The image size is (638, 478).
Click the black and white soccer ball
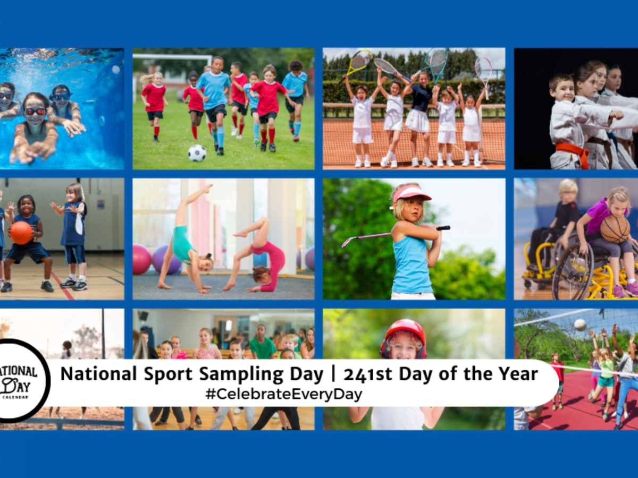coord(197,153)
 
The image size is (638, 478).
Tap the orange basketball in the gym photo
coord(21,233)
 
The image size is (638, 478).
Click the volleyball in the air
coord(580,325)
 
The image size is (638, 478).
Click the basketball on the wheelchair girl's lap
coord(615,229)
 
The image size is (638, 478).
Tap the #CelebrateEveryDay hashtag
coord(284,395)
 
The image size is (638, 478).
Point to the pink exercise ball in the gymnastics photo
coord(141,259)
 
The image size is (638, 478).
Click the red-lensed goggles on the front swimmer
coord(35,112)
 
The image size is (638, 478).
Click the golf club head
coord(345,243)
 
